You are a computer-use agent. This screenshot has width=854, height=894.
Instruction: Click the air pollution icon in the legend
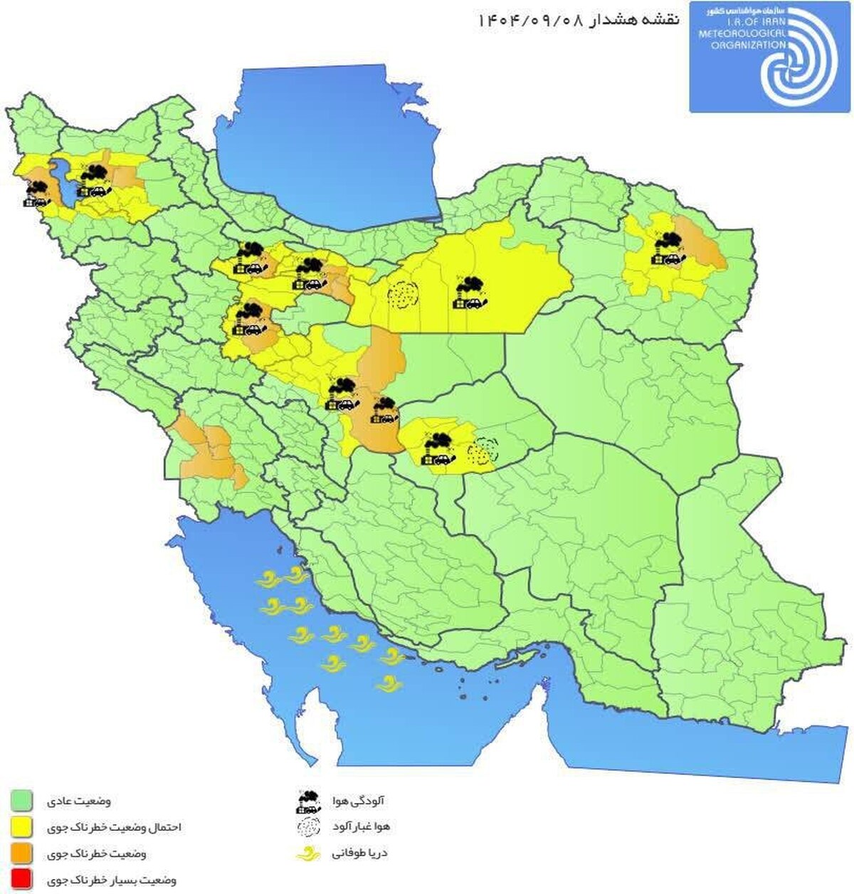point(308,801)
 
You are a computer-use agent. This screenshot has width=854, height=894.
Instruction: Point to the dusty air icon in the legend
point(308,827)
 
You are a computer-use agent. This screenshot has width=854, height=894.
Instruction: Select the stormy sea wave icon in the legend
point(308,853)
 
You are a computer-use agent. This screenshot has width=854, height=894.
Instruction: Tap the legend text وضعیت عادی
point(79,801)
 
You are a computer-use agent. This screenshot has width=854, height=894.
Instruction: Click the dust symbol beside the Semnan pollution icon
point(402,294)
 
